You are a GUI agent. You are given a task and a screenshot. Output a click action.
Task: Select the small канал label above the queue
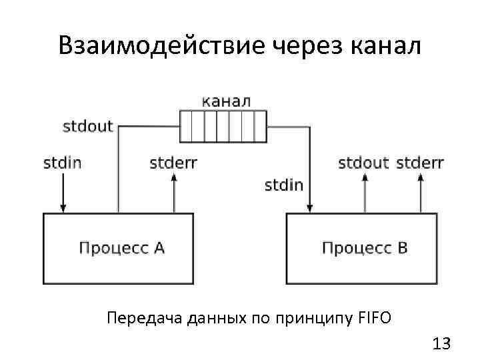click(x=226, y=101)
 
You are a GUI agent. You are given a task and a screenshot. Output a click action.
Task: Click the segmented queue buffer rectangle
click(x=224, y=126)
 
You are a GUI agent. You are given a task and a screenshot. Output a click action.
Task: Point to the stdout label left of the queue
click(x=88, y=126)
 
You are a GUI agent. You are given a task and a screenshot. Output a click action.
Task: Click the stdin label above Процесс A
click(x=62, y=163)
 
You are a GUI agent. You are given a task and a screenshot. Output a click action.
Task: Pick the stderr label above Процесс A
click(x=173, y=163)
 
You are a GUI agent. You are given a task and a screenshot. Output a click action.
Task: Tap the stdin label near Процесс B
click(x=283, y=185)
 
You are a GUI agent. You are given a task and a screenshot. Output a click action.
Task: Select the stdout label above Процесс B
click(x=363, y=163)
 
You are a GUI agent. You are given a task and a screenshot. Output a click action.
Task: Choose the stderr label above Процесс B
click(x=420, y=163)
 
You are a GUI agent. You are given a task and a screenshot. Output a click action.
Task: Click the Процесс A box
click(x=118, y=248)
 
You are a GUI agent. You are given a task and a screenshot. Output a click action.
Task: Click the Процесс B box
click(x=363, y=248)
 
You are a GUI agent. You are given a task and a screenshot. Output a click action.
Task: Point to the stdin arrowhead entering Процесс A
click(x=62, y=208)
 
